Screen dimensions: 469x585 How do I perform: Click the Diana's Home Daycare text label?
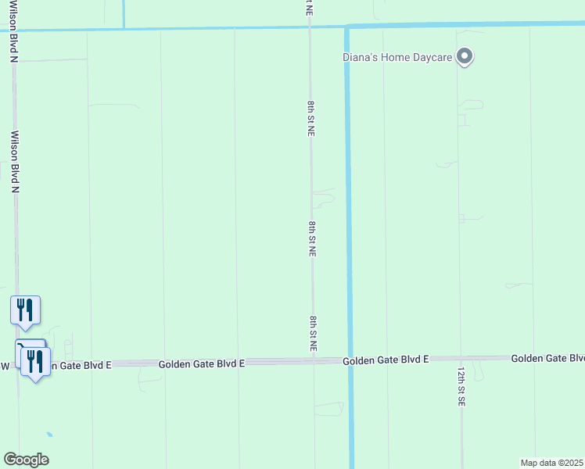[x=399, y=57]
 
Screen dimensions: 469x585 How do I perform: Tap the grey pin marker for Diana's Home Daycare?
[x=465, y=57]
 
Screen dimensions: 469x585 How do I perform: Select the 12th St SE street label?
[x=461, y=386]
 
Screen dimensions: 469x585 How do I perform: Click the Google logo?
[x=26, y=460]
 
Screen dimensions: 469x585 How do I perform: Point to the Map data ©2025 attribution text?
[x=552, y=463]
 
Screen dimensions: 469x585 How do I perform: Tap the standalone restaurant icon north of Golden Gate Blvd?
[x=25, y=310]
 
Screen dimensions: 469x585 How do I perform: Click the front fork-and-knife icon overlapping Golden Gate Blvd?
[x=35, y=361]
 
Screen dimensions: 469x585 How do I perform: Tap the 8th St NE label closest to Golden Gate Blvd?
[x=313, y=334]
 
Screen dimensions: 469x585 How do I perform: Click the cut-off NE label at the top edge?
[x=310, y=8]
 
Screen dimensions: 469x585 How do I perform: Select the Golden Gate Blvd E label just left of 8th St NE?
[x=202, y=363]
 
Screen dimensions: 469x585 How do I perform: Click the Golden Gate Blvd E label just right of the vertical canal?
[x=386, y=360]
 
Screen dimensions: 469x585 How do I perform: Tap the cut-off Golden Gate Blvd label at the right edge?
[x=547, y=358]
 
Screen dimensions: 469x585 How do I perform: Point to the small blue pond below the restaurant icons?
[x=49, y=434]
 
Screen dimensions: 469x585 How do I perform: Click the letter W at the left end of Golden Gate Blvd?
[x=5, y=365]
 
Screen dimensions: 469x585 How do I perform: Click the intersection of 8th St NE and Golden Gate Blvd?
[x=314, y=362]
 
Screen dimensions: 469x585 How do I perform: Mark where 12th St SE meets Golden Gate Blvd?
[x=461, y=359]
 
